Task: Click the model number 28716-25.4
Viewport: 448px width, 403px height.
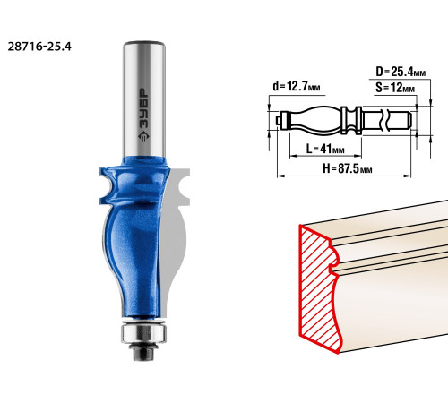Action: [39, 47]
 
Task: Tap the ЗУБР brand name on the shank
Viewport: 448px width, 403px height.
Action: [144, 109]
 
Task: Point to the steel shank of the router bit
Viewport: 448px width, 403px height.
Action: [144, 99]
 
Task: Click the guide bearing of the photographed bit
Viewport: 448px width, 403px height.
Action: [143, 333]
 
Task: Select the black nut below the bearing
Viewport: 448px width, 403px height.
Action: [143, 352]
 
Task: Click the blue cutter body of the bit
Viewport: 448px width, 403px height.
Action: [134, 239]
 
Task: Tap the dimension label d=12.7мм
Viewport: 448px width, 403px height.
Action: [297, 87]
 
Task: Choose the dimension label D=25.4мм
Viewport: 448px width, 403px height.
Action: [401, 72]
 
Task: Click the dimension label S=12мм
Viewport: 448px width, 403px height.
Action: [395, 88]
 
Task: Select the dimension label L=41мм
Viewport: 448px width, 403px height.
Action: [325, 149]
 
